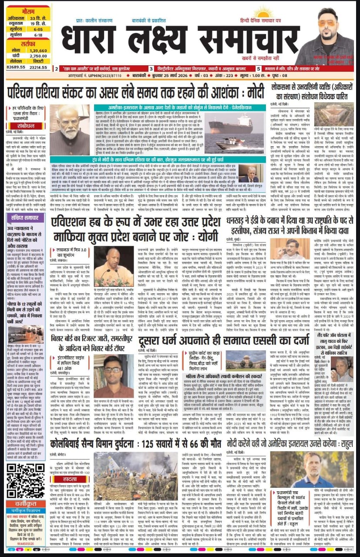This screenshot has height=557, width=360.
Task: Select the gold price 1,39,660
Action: pos(38,51)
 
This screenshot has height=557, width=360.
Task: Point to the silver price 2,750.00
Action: pos(38,56)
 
